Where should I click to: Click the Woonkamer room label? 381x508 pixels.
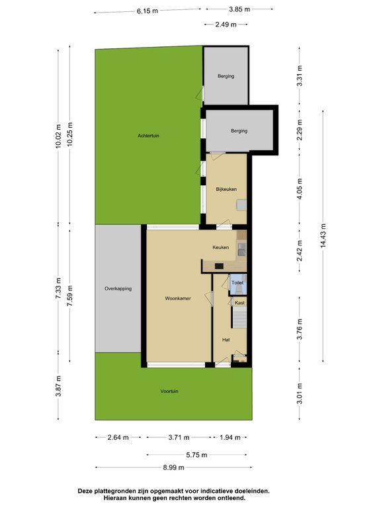click(178, 299)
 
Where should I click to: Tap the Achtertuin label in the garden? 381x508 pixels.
click(148, 136)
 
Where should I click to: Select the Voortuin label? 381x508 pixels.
click(169, 391)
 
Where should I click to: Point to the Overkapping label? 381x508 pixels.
click(118, 289)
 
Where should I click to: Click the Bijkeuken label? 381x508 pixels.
click(226, 190)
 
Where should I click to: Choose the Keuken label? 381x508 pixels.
click(220, 247)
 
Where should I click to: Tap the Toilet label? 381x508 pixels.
click(237, 282)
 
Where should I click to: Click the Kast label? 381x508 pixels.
click(239, 302)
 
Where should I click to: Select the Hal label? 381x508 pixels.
click(226, 339)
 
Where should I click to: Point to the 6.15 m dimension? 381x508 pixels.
click(148, 11)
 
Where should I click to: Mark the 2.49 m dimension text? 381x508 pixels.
click(226, 24)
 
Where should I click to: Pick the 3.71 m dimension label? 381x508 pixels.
click(179, 437)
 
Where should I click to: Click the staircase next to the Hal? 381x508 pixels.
click(238, 319)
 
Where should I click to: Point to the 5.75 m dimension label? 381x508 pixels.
click(196, 454)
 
